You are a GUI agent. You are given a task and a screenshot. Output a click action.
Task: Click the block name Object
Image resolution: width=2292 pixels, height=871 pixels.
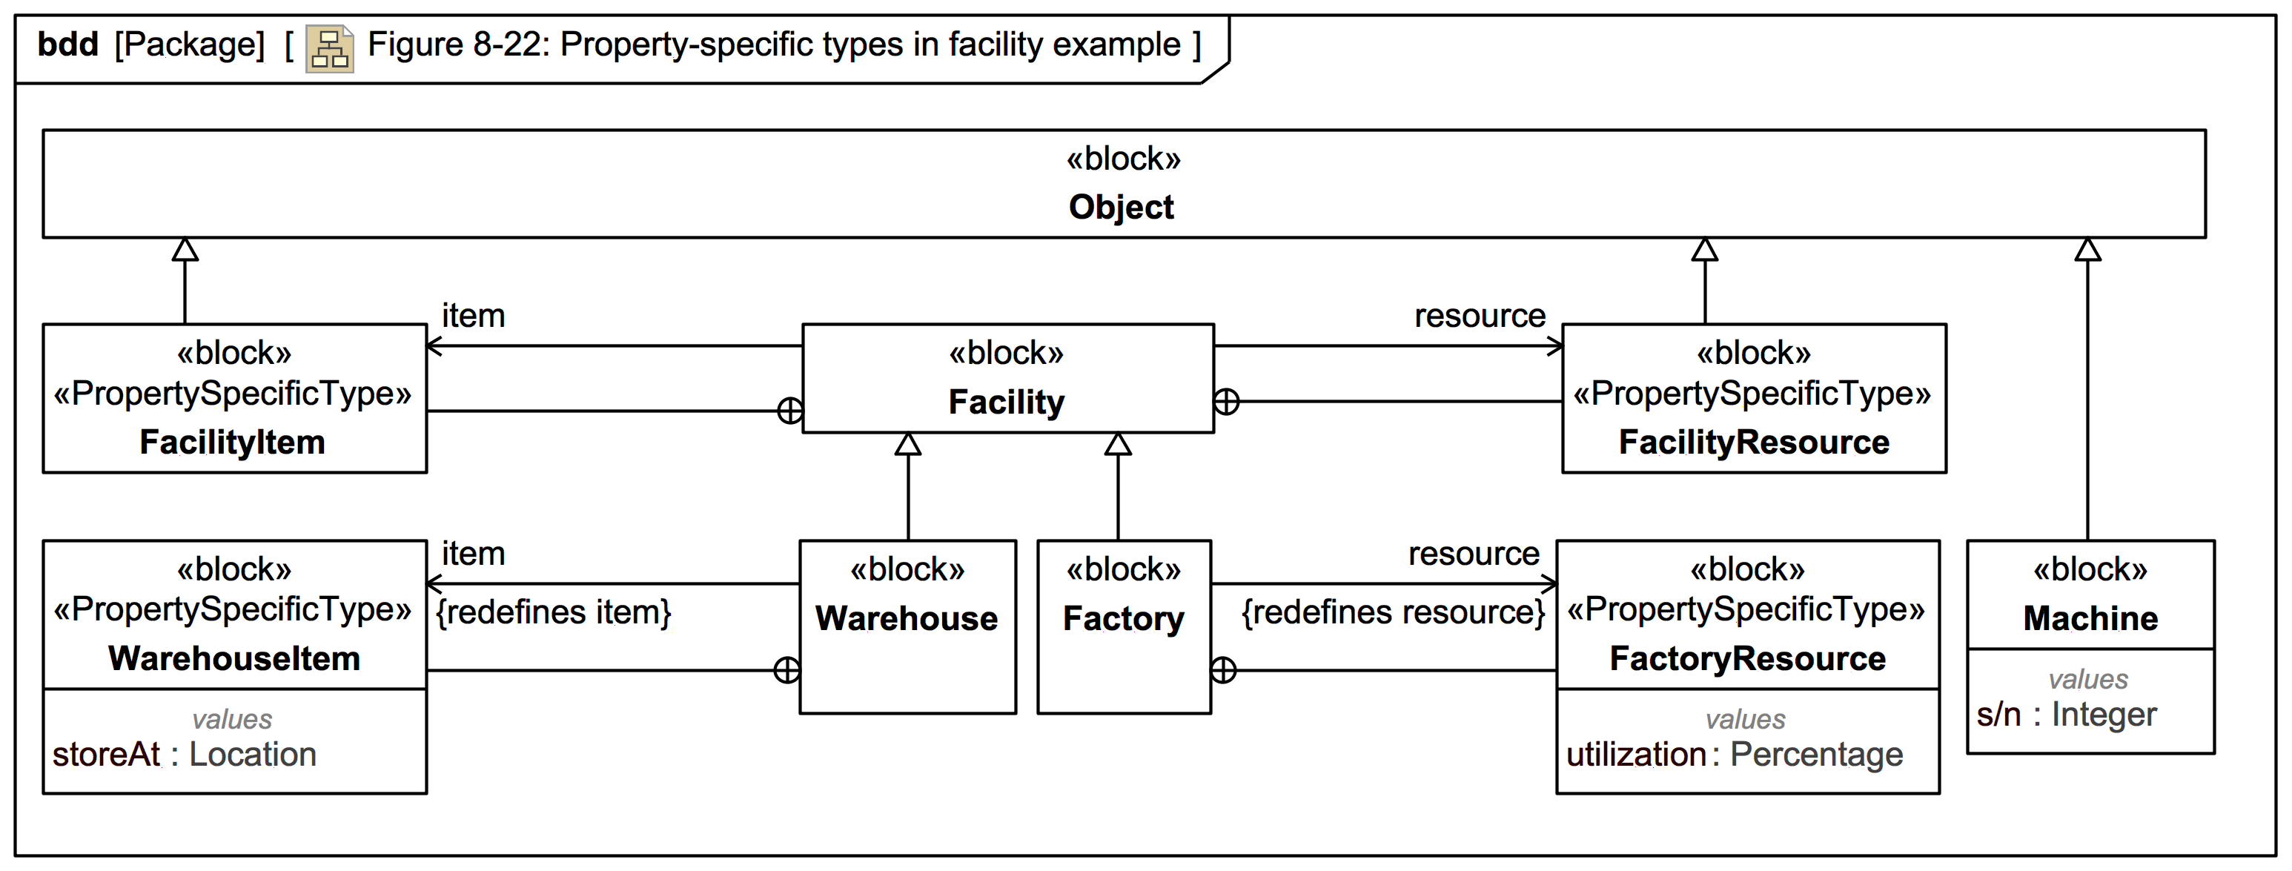(x=1120, y=208)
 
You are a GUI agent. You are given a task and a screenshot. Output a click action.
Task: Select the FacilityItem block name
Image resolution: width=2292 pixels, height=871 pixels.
(x=232, y=443)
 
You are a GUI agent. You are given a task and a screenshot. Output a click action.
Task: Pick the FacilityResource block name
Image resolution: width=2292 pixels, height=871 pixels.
(x=1753, y=443)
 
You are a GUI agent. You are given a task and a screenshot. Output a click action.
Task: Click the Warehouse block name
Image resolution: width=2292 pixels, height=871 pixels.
(x=906, y=618)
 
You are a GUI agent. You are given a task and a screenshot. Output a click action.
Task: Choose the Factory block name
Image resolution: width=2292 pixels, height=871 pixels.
(x=1123, y=618)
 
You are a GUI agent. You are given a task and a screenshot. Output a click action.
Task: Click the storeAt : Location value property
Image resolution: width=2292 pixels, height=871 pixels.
(x=184, y=755)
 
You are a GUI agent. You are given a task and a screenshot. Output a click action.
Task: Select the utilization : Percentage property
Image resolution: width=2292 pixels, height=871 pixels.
(x=1733, y=755)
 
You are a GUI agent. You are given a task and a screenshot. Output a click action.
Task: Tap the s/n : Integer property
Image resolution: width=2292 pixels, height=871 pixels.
(x=2065, y=715)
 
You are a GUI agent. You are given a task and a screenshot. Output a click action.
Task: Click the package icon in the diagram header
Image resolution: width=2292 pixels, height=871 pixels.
(x=329, y=48)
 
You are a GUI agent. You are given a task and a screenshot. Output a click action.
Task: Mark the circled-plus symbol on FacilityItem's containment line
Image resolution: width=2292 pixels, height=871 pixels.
(x=789, y=411)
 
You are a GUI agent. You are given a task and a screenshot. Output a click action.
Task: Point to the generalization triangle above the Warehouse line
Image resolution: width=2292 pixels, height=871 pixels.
(x=907, y=444)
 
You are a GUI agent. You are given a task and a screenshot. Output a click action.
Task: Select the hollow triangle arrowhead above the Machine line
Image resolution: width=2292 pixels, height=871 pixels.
(x=2087, y=250)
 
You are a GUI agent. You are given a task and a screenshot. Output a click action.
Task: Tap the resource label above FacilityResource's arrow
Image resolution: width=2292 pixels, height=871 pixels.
(x=1479, y=316)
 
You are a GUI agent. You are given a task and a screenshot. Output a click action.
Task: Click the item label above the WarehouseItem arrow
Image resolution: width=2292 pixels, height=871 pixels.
(x=474, y=554)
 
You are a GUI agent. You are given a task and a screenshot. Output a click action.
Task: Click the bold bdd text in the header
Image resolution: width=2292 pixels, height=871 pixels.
(x=67, y=44)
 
